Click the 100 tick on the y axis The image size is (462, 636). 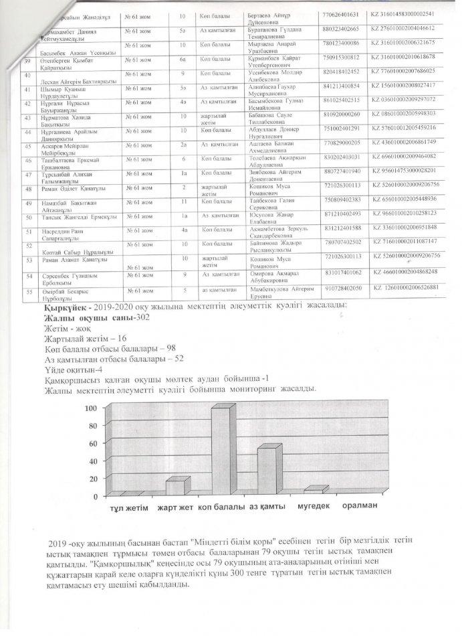pos(91,408)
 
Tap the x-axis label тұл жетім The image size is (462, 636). pos(130,508)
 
